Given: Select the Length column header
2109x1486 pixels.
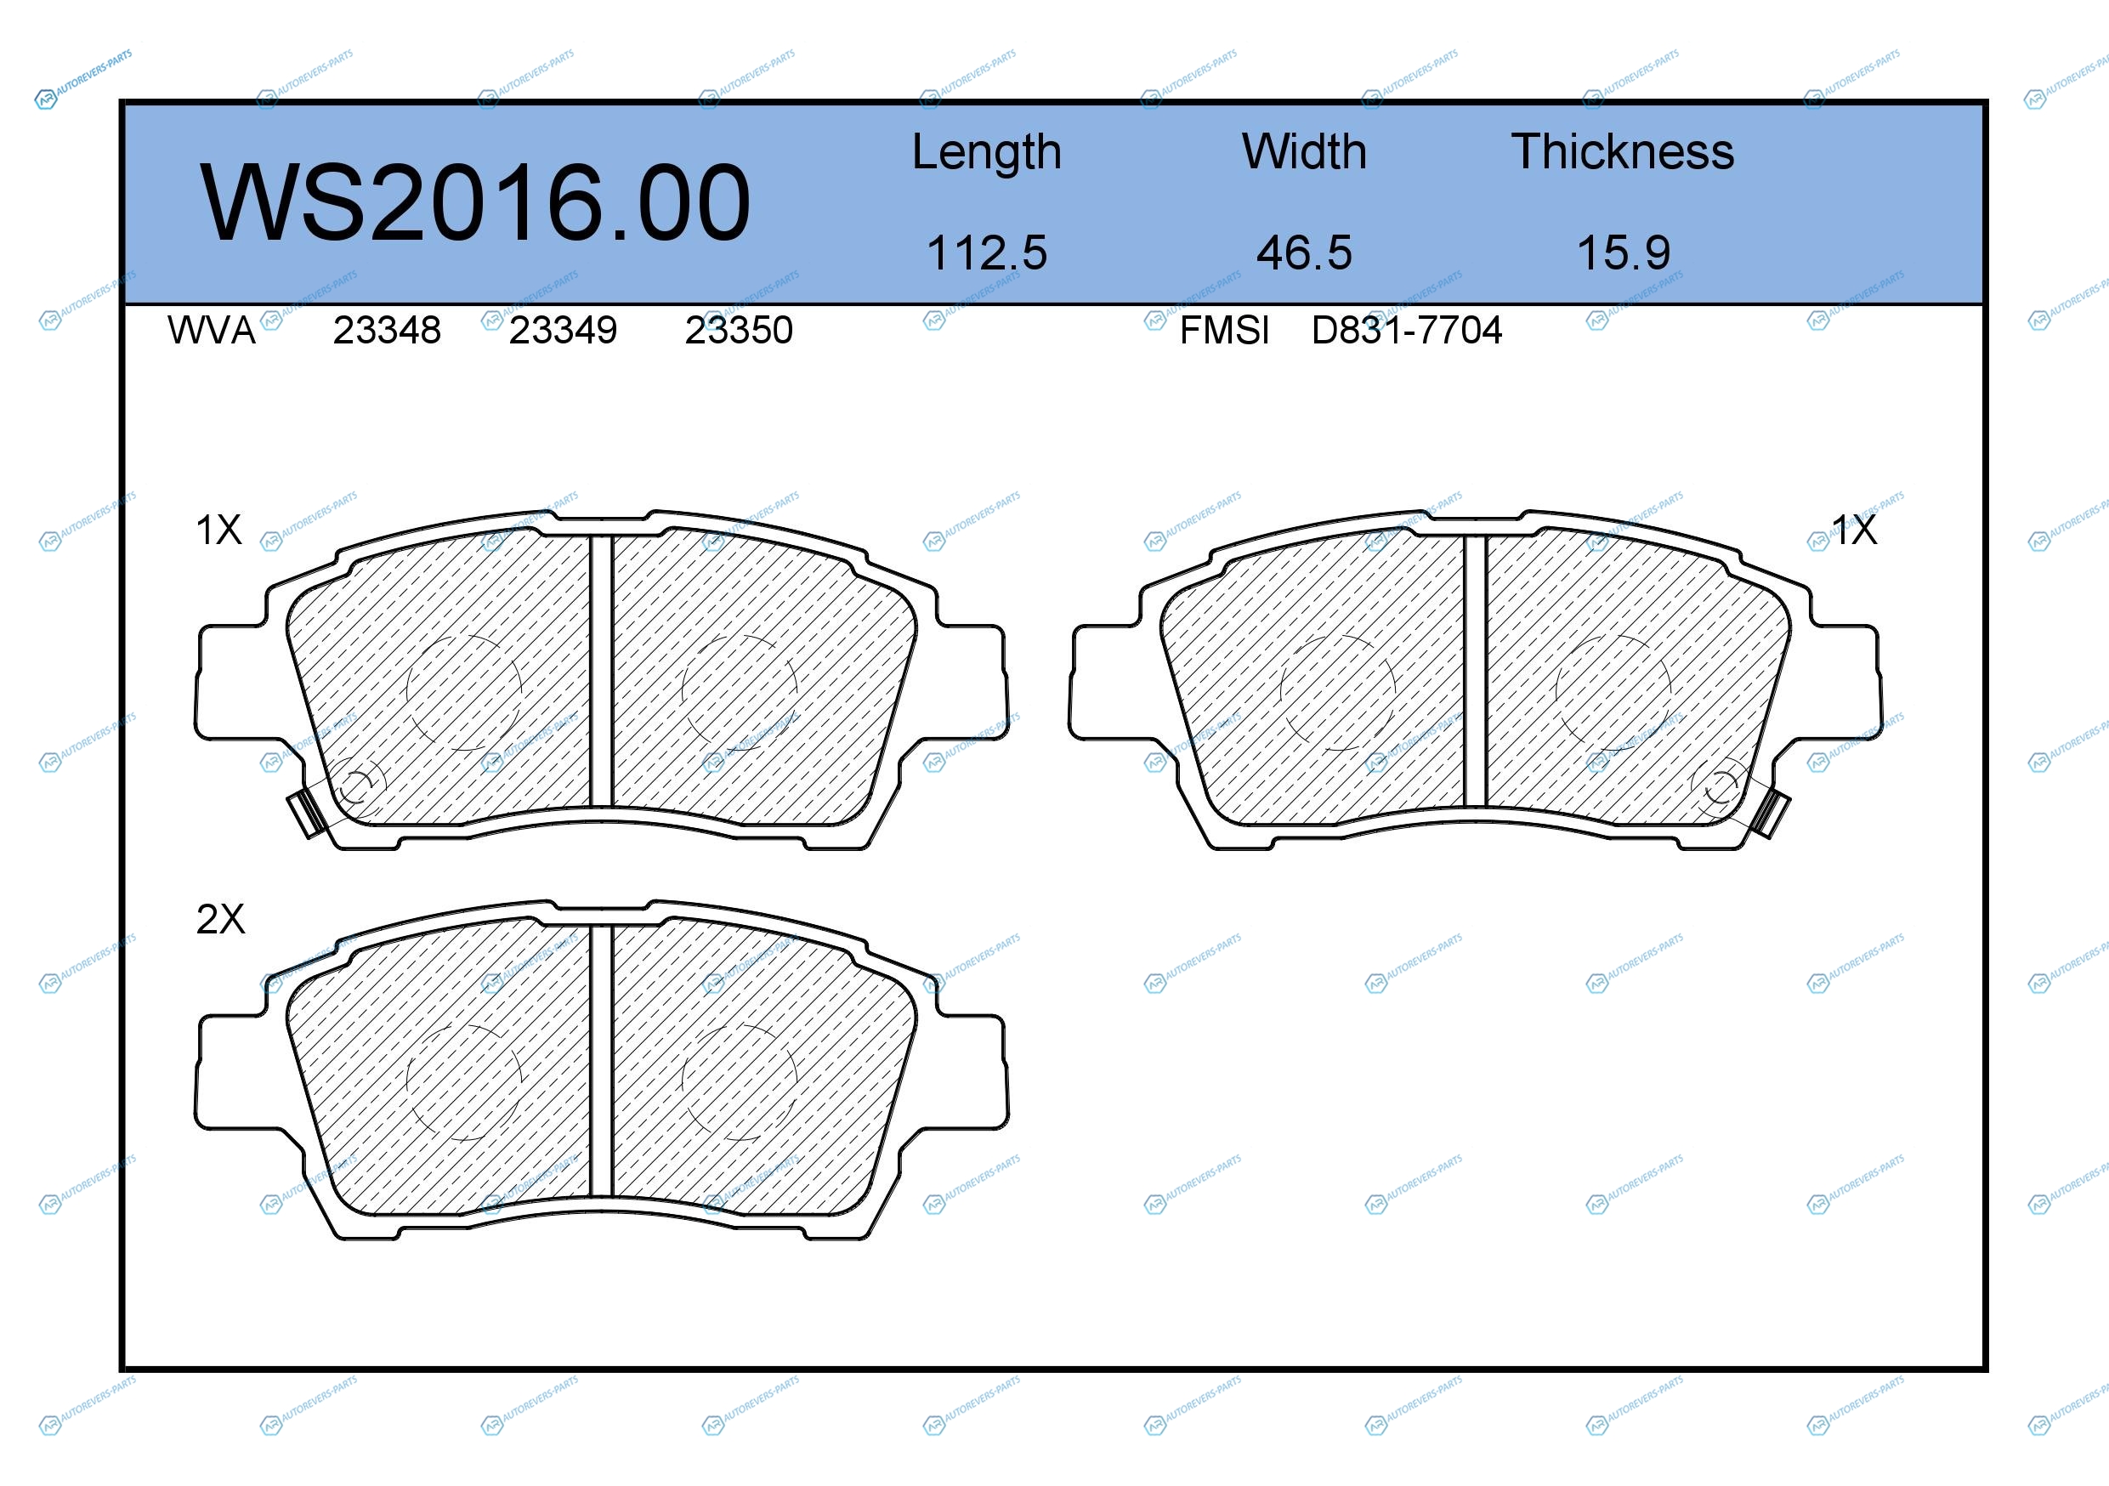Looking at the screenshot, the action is [x=987, y=152].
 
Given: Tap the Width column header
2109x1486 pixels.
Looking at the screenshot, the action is [x=1304, y=151].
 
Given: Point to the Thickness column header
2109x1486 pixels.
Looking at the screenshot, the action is [x=1623, y=151].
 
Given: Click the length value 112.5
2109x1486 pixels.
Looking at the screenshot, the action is [x=987, y=252].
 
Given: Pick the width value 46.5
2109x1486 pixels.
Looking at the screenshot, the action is [x=1304, y=252].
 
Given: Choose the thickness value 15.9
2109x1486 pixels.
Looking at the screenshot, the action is [x=1623, y=252].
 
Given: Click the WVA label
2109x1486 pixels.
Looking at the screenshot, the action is [x=212, y=331].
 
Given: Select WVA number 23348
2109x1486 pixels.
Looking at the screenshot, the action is [x=387, y=331].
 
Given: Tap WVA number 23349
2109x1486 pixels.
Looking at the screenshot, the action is [x=563, y=331].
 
